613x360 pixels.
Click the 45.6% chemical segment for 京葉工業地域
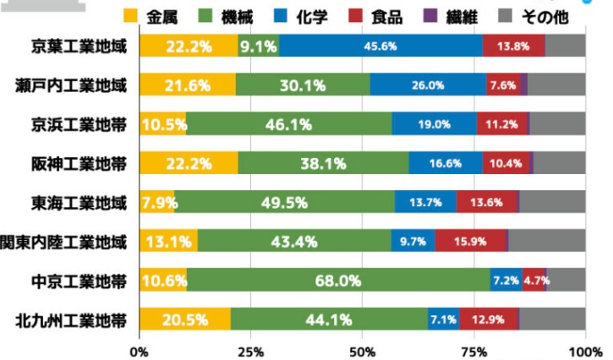(380, 46)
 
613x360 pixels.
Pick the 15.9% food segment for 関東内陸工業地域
(471, 242)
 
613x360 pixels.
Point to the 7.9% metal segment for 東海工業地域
(157, 203)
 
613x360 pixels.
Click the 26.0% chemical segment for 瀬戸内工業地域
(429, 85)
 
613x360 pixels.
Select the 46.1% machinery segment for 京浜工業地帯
(289, 124)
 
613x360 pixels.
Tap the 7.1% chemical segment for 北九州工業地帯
(443, 320)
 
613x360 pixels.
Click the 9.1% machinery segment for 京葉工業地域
(259, 46)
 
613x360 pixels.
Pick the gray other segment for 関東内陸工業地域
(546, 242)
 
